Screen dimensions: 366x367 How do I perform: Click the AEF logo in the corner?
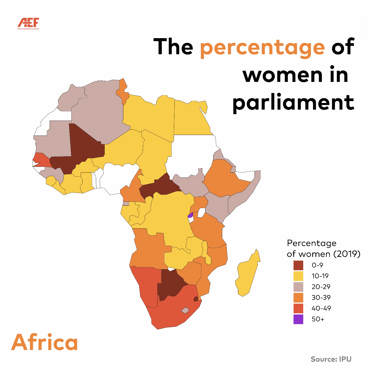[28, 23]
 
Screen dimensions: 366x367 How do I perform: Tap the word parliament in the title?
[293, 103]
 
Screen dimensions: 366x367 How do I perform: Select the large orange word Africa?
[45, 342]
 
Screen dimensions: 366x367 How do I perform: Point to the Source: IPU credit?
[331, 359]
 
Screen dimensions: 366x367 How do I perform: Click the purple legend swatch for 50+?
[298, 319]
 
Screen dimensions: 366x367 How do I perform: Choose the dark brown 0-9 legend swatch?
[298, 265]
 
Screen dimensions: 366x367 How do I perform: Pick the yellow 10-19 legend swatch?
[298, 276]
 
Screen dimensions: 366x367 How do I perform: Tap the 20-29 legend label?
[321, 287]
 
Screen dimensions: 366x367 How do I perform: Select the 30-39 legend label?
[321, 297]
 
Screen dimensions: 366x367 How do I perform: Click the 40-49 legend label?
[321, 308]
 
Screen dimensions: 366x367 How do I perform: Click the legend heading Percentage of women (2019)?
[323, 248]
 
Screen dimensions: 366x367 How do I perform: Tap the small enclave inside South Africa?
[185, 310]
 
